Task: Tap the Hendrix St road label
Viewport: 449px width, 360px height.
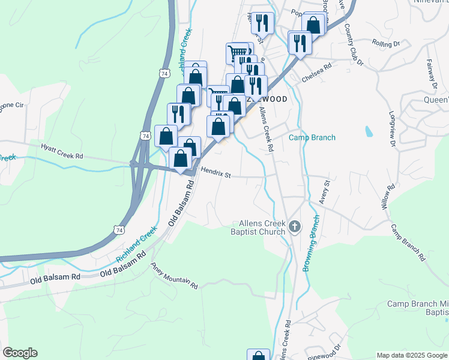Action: click(216, 173)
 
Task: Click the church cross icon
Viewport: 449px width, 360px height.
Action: click(294, 227)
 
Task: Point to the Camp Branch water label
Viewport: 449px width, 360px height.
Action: click(312, 137)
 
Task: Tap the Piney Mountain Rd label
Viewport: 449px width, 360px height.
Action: click(174, 276)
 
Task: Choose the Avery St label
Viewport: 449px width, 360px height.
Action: click(325, 191)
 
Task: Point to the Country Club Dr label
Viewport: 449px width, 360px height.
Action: click(354, 45)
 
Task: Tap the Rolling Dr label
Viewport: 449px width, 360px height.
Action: click(386, 44)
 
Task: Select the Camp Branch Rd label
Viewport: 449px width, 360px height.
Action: click(408, 244)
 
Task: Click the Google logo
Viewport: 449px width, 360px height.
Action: click(20, 353)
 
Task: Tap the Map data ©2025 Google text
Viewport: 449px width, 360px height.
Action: click(412, 355)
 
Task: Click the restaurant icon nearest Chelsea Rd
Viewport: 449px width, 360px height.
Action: click(299, 43)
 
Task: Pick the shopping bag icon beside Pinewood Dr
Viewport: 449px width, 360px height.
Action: click(258, 355)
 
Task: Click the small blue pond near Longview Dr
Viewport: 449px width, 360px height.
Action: click(367, 130)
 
